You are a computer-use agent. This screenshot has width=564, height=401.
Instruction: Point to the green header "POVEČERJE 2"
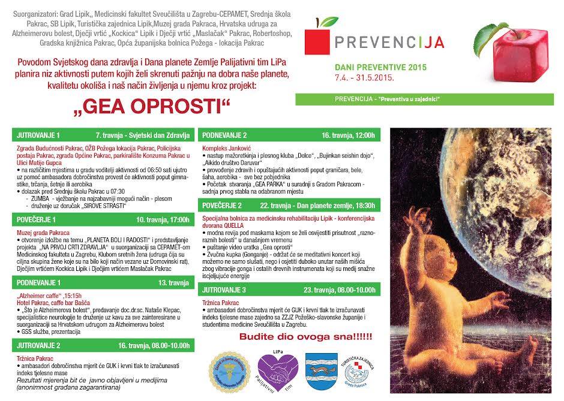pyautogui.click(x=221, y=205)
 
